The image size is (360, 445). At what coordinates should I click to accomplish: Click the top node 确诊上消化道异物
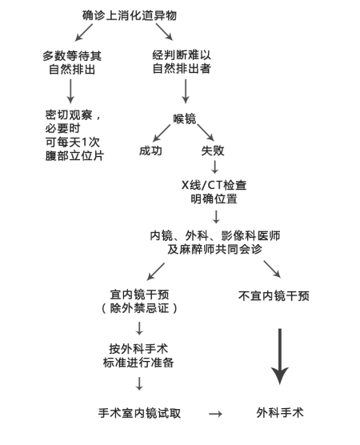130,15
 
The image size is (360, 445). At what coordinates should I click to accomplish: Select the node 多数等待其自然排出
72,62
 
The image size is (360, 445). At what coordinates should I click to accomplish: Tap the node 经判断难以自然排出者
182,62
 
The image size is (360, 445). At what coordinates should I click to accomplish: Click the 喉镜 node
185,118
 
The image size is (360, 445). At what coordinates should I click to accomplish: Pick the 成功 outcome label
150,150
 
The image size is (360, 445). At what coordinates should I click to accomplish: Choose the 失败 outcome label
213,150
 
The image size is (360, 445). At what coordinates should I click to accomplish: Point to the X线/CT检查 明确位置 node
214,192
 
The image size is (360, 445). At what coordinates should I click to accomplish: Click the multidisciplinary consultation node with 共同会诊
215,243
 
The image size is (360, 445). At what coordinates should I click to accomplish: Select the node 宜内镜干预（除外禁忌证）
139,302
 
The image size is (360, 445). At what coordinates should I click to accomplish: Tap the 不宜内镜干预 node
274,295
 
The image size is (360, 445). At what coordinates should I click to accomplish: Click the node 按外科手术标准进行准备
138,356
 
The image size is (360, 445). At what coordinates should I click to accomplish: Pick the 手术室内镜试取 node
139,413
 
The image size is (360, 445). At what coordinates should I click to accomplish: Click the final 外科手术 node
280,413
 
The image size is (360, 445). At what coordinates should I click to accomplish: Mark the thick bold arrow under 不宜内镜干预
280,356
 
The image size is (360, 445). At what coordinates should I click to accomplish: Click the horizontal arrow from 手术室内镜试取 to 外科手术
216,414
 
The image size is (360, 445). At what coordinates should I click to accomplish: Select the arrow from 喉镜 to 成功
162,133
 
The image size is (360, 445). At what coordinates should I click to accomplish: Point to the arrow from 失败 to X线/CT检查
214,167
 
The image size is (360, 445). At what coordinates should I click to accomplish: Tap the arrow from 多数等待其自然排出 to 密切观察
70,91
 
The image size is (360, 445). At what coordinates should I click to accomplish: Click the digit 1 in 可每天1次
85,142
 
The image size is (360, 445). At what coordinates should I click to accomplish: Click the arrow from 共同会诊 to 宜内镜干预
156,271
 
